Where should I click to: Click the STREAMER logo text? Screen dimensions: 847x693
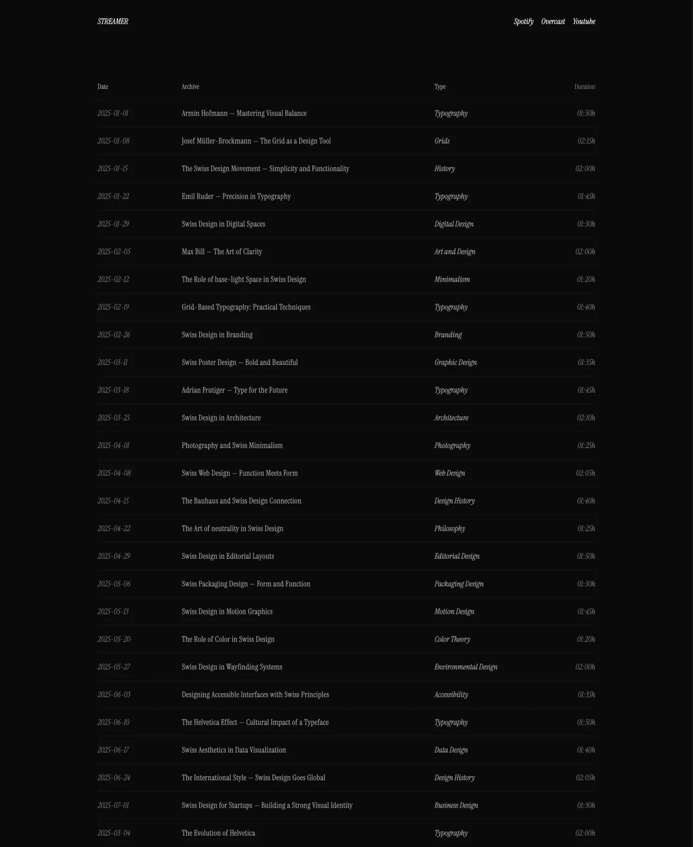(113, 22)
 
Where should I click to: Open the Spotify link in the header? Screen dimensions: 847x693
(523, 22)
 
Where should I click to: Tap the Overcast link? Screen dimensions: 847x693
(553, 22)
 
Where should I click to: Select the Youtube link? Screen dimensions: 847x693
(584, 22)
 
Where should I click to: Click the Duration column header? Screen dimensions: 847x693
(584, 87)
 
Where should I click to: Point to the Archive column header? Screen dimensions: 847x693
(190, 87)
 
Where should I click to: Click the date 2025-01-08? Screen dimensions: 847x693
(114, 141)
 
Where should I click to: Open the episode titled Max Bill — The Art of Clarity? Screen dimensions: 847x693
(221, 252)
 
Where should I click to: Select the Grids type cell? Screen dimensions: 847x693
(442, 141)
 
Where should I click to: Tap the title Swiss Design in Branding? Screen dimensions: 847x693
(217, 335)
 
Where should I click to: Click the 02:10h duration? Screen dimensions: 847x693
(586, 418)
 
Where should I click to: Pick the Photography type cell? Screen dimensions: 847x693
(452, 446)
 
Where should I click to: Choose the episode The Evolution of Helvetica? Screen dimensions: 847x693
(218, 833)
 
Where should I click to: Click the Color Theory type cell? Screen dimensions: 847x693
(452, 639)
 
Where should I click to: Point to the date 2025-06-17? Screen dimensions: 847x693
(113, 750)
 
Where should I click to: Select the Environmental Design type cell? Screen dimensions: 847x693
(466, 667)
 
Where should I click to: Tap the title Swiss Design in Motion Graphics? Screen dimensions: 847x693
(227, 612)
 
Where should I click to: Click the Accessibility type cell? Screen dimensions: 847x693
(451, 695)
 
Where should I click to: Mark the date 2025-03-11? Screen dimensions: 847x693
(113, 363)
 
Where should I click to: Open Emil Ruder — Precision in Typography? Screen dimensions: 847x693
(236, 197)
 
